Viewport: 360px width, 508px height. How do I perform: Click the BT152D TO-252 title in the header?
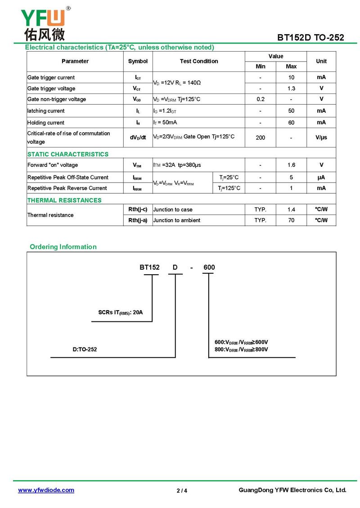coord(310,37)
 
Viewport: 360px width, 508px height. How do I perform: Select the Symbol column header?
coord(138,61)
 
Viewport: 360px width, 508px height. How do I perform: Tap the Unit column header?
coord(321,61)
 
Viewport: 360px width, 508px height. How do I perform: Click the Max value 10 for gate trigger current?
coord(291,77)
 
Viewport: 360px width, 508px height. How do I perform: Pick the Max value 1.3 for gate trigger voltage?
coord(291,89)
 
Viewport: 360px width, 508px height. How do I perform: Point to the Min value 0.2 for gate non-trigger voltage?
coord(261,99)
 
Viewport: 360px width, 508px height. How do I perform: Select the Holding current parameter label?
coord(46,122)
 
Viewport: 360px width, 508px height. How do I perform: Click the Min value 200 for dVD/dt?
coord(261,138)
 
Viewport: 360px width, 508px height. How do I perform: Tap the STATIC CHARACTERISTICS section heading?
coord(68,154)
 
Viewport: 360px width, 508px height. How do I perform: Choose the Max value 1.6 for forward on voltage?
coord(291,165)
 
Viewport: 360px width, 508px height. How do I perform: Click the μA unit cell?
coord(321,177)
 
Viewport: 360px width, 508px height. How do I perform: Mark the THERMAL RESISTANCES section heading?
coord(64,200)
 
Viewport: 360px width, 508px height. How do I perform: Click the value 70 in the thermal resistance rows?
coord(291,220)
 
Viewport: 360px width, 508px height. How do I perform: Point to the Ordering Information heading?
coord(63,247)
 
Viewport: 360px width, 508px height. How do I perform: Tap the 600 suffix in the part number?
coord(209,267)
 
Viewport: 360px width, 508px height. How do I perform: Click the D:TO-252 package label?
coord(85,349)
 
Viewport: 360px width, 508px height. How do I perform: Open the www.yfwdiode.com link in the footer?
coord(46,490)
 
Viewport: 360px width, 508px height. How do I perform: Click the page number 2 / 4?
coord(182,490)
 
